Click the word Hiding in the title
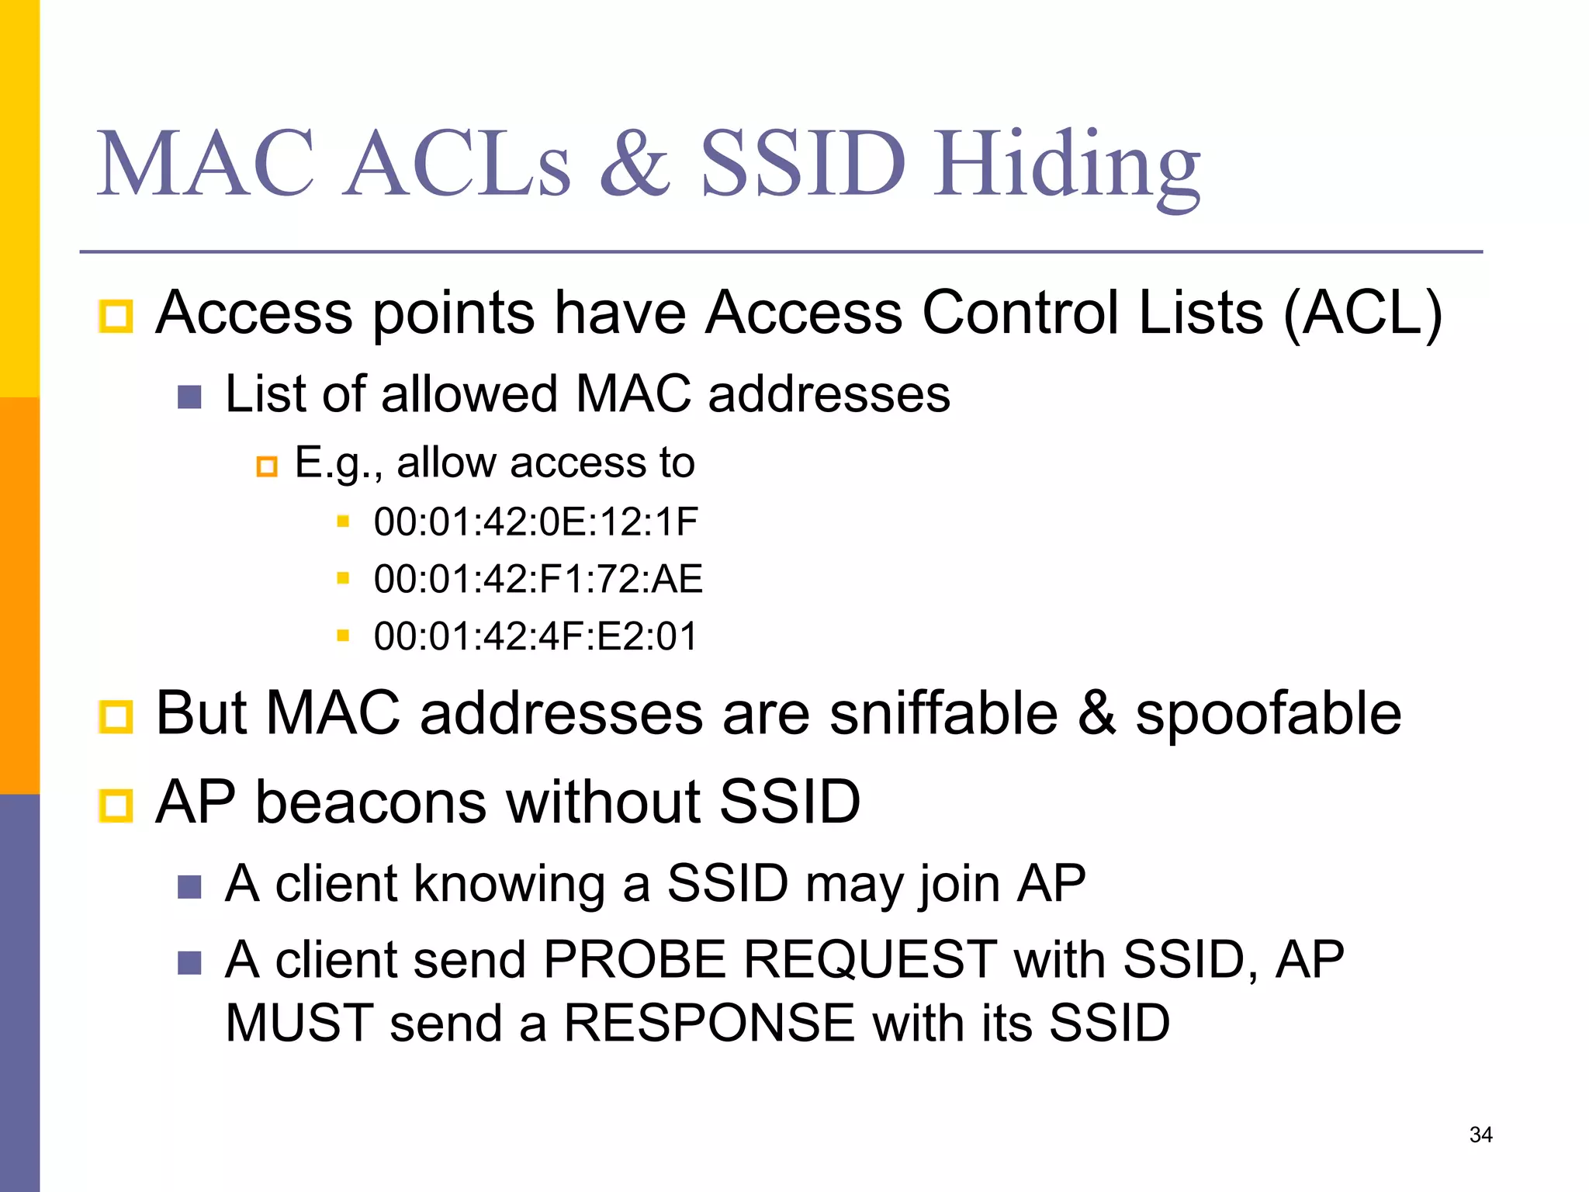coord(1067,167)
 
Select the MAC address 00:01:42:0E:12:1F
coord(535,521)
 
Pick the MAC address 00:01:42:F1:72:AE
coord(538,579)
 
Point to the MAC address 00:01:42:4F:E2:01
coord(535,636)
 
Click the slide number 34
coord(1480,1135)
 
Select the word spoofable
coord(1268,714)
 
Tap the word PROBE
coord(635,959)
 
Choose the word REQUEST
coord(870,959)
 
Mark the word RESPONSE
coord(709,1022)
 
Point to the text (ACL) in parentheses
coord(1362,313)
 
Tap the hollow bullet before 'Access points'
coord(116,316)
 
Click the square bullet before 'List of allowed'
coord(189,397)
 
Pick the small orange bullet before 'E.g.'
coord(267,466)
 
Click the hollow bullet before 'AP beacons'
coord(116,805)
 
